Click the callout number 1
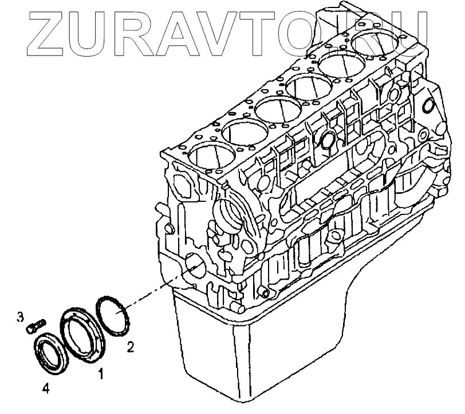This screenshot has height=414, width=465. (x=101, y=375)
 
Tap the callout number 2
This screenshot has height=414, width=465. (x=131, y=345)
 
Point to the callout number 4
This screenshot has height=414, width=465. (x=46, y=389)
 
